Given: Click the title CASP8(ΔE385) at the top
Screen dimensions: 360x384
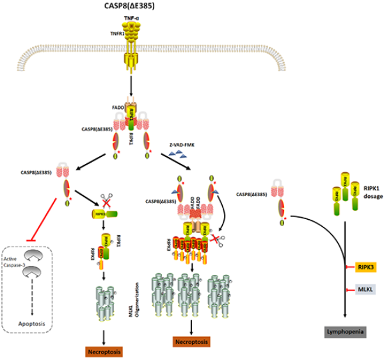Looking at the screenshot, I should (192, 6).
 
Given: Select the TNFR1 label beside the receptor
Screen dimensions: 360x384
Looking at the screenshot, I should (170, 31).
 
